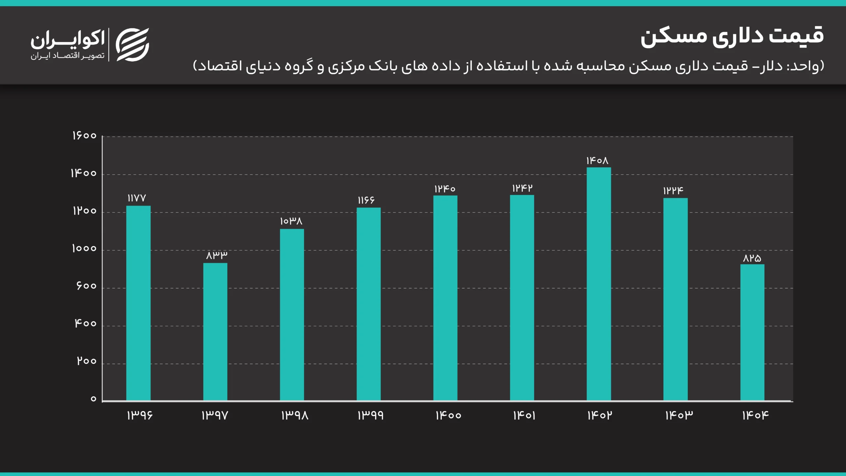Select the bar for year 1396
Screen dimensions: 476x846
[138, 303]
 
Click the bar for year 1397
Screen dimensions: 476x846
[215, 332]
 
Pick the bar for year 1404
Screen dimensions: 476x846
[752, 332]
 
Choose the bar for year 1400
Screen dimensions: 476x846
[445, 298]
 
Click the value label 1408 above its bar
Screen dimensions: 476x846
[597, 161]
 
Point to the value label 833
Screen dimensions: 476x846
[217, 255]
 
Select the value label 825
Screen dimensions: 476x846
[752, 258]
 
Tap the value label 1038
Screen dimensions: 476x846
[291, 221]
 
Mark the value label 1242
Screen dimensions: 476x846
[522, 188]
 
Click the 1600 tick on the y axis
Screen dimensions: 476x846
[84, 136]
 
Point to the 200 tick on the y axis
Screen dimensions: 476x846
[87, 361]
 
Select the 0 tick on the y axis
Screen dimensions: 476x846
[94, 399]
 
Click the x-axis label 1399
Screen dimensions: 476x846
[370, 415]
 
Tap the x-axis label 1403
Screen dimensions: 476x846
[679, 415]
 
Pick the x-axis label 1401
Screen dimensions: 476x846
[524, 415]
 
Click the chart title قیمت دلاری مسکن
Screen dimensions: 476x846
[732, 37]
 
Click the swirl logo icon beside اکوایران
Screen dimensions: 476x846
[133, 45]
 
